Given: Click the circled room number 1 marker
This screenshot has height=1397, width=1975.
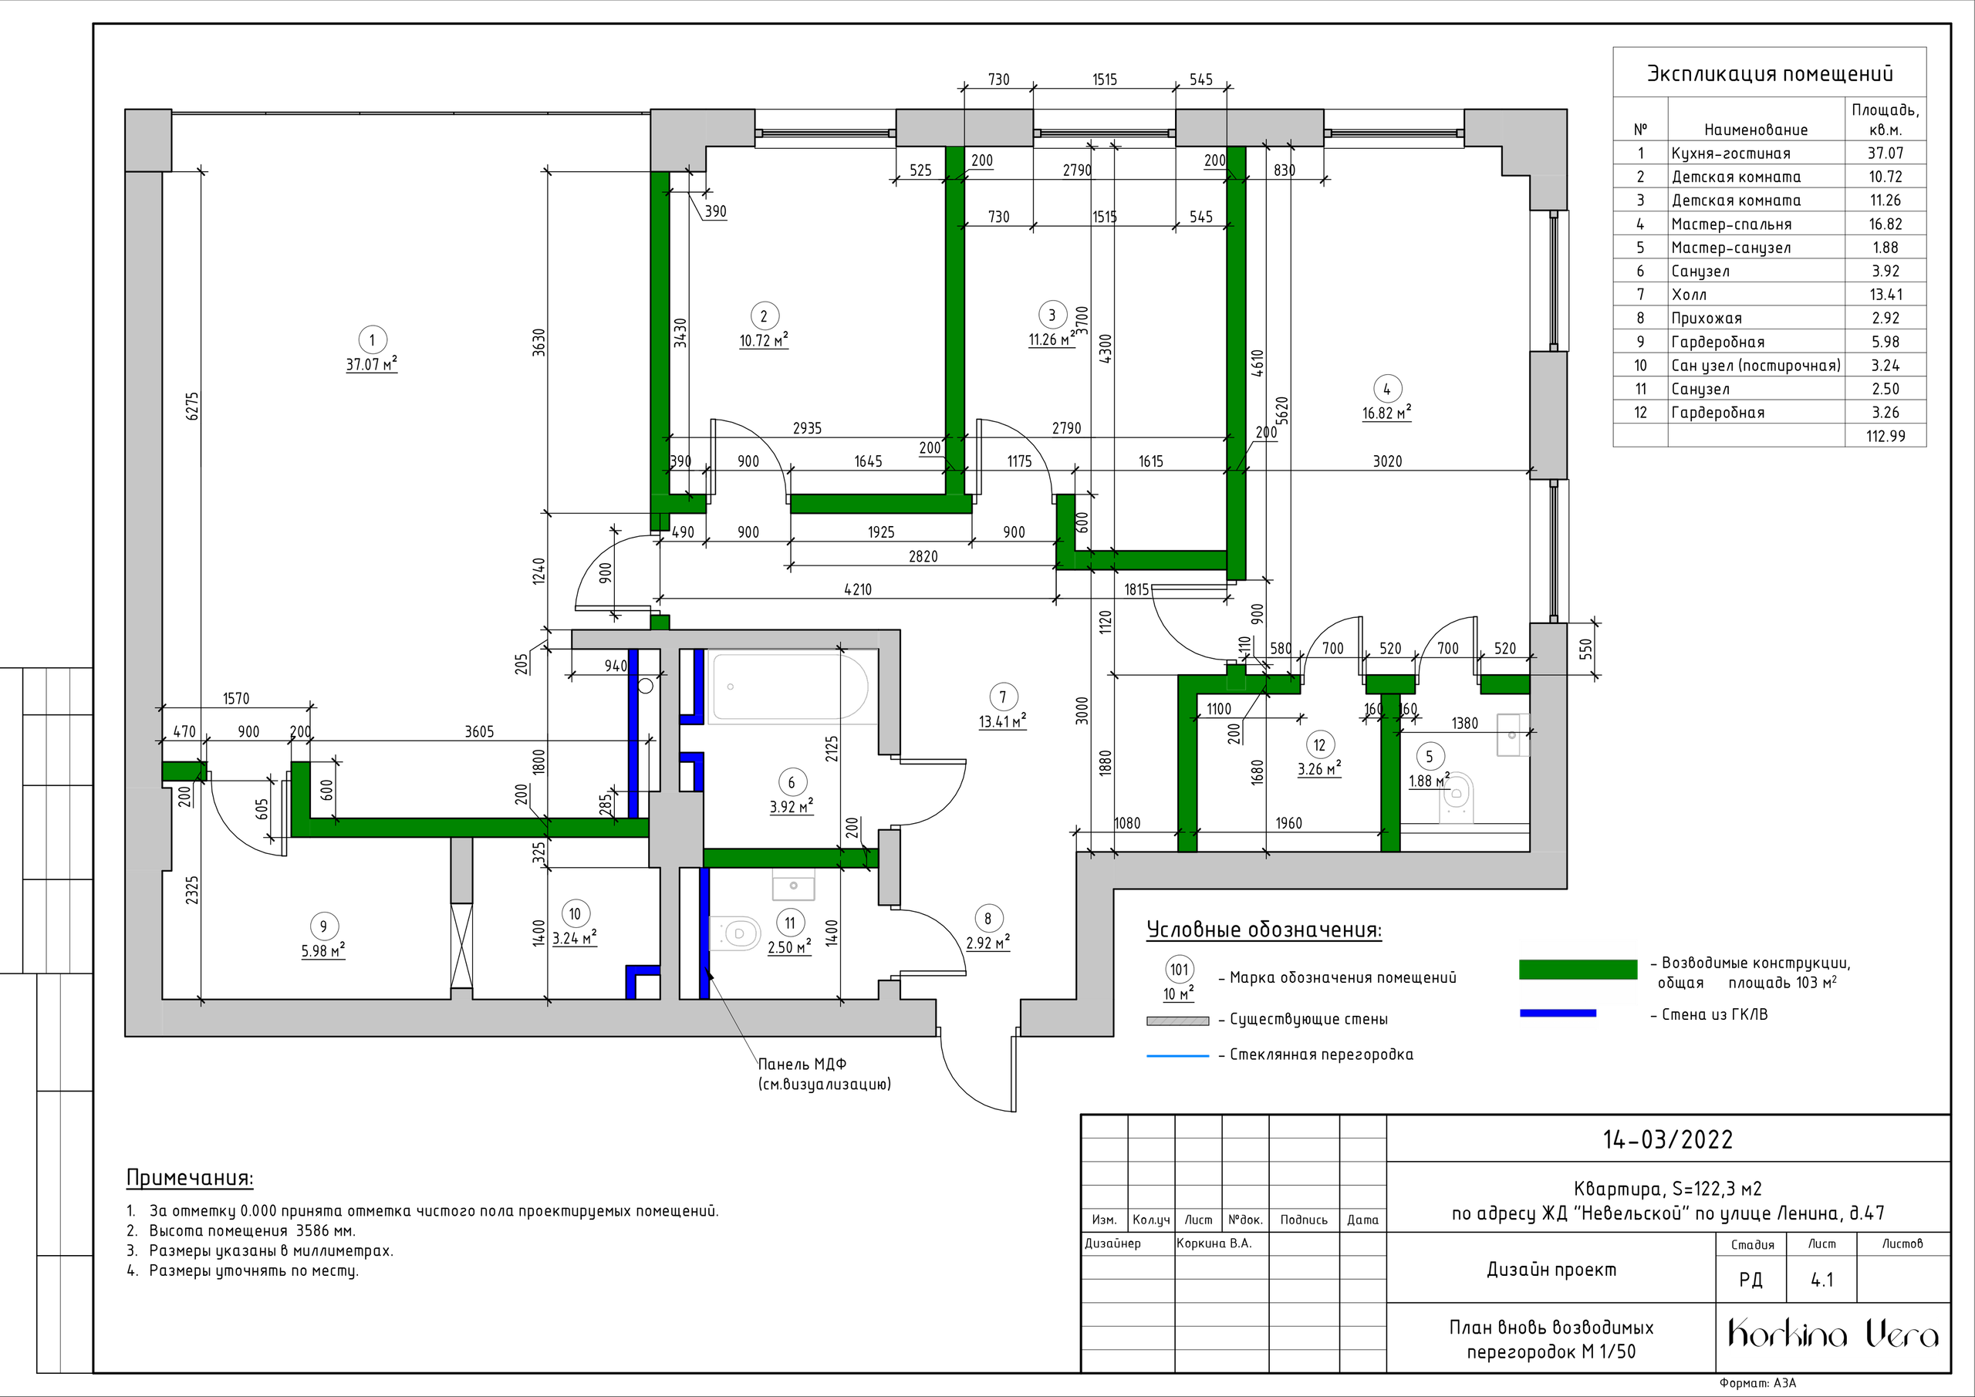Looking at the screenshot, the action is (x=372, y=339).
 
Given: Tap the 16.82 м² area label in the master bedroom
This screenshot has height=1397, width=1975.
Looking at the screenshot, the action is (x=1386, y=413).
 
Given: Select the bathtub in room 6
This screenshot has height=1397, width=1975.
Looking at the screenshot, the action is (x=787, y=687).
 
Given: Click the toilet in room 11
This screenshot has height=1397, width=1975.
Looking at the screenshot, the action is (x=736, y=933).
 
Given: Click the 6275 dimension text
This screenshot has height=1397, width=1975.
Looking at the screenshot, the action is (x=193, y=406).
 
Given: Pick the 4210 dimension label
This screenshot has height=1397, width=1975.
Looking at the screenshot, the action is (x=858, y=589).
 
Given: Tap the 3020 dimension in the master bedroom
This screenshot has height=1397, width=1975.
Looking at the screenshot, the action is (x=1386, y=461).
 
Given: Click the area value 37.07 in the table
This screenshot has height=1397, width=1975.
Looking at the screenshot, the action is (x=1885, y=153).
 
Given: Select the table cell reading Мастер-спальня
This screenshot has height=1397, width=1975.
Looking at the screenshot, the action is (x=1730, y=224).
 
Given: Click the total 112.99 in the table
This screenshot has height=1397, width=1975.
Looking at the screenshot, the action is (x=1886, y=436).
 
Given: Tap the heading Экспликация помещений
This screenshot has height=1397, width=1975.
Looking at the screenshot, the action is (x=1770, y=74).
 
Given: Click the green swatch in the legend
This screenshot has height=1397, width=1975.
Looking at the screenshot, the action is (x=1578, y=970).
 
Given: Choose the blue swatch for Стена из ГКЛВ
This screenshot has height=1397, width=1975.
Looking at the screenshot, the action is (x=1558, y=1014).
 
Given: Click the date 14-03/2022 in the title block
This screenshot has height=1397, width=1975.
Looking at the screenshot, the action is (x=1668, y=1140).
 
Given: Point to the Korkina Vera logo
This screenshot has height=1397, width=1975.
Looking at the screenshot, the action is (x=1833, y=1335).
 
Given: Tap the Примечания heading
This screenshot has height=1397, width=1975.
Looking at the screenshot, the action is (x=189, y=1178).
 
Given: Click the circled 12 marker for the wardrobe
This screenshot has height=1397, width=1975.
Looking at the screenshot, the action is (x=1319, y=745).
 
